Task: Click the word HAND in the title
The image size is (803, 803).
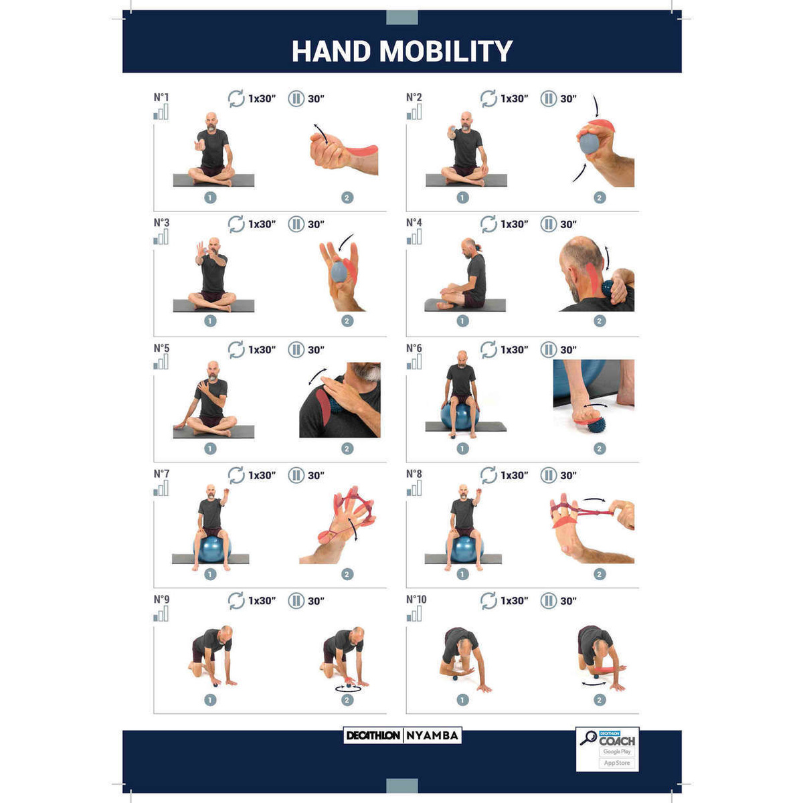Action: [331, 52]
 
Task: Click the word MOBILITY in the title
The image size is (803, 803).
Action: [446, 52]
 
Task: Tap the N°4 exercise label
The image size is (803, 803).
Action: [414, 223]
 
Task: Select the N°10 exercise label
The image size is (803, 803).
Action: [416, 599]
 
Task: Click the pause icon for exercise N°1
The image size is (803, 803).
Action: [296, 99]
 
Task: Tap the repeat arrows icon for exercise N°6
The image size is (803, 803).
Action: [488, 349]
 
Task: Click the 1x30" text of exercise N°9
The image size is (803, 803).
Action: [262, 601]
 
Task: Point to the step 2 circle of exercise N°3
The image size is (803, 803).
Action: [347, 321]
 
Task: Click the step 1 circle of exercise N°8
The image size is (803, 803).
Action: [462, 574]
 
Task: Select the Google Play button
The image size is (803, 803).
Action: [617, 751]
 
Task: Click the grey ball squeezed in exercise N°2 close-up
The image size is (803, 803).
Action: [590, 143]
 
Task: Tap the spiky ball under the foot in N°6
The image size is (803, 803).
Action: [596, 427]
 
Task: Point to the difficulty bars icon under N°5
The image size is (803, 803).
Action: [161, 362]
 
